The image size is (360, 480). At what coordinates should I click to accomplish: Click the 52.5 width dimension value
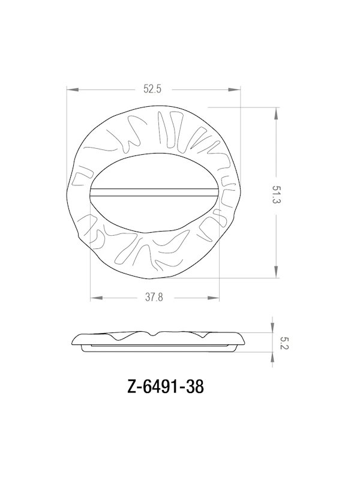(x=153, y=90)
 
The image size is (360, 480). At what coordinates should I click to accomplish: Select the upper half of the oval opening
(x=153, y=174)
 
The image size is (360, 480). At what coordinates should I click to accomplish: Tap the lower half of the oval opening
(x=153, y=210)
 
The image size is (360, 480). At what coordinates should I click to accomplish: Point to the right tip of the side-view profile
(x=244, y=338)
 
